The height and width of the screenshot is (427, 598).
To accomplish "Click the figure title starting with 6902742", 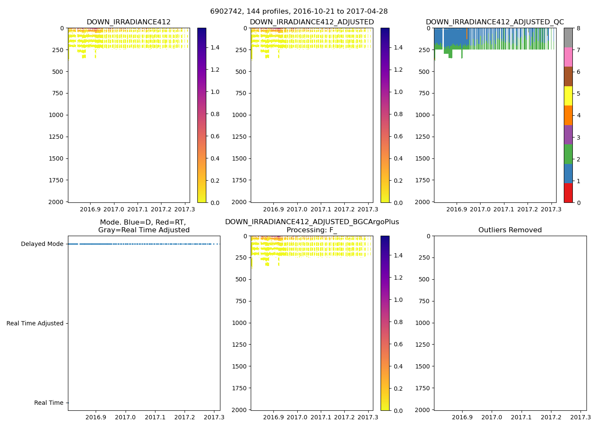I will [299, 12].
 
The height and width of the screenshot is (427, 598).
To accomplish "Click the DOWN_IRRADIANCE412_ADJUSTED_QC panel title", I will [495, 22].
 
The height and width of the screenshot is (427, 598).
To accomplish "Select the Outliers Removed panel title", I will [510, 230].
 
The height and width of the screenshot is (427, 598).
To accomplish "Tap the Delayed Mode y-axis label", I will [42, 244].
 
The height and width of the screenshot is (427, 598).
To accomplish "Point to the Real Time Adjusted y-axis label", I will [35, 324].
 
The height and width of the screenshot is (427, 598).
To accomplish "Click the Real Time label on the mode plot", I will [49, 403].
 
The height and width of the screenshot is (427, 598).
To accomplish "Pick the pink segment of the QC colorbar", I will [568, 57].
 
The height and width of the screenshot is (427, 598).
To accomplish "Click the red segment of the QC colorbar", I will [568, 193].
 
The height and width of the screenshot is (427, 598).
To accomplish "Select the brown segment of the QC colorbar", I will [568, 76].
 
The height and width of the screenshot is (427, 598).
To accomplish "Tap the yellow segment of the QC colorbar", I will [568, 96].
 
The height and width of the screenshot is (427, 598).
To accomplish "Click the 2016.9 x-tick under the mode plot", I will [96, 417].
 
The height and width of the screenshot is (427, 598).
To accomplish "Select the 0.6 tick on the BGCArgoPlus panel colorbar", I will [398, 344].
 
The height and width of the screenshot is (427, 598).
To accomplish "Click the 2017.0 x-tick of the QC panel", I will [480, 209].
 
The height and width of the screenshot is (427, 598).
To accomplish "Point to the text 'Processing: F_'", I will [312, 230].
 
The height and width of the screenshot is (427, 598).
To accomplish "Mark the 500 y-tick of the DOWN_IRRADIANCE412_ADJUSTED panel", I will [240, 72].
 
